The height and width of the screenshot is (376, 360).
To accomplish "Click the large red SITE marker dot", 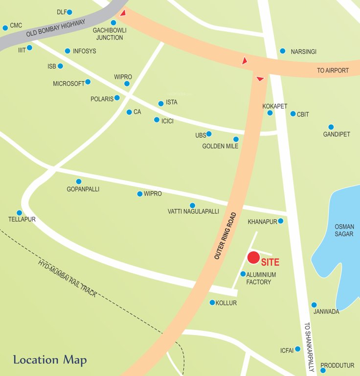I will click(x=253, y=258).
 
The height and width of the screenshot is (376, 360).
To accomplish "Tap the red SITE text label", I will click(x=270, y=262).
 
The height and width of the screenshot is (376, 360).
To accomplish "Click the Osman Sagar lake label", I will click(x=344, y=230).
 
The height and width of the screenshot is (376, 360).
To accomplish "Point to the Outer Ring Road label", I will click(x=225, y=235).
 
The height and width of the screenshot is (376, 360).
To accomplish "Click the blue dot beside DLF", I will click(x=69, y=12).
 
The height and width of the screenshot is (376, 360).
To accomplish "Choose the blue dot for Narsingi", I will click(x=283, y=51).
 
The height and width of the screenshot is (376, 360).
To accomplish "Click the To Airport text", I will click(x=333, y=70).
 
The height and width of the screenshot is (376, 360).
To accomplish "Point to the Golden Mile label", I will click(x=220, y=146).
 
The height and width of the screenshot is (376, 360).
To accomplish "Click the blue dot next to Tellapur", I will click(x=20, y=213).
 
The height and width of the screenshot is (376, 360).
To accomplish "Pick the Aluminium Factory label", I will click(x=261, y=278).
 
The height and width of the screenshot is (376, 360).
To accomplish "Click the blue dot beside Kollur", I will click(x=212, y=303).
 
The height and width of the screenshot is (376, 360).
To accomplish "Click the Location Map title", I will click(x=50, y=360).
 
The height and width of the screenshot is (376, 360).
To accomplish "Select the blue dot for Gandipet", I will click(x=331, y=127).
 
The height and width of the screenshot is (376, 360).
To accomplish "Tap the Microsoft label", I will click(x=68, y=84).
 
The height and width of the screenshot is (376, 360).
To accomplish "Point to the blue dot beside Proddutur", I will click(x=323, y=370).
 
